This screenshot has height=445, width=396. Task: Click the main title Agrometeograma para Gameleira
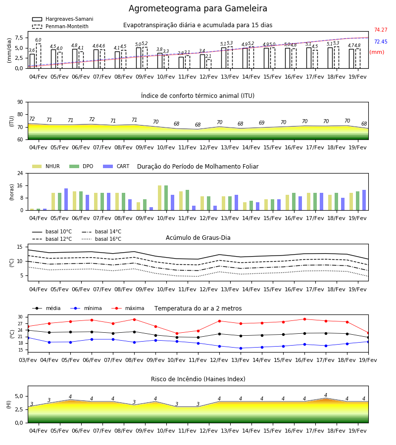pos(198,8)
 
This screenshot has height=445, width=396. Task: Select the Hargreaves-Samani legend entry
pos(63,19)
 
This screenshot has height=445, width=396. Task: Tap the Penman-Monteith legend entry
pos(60,26)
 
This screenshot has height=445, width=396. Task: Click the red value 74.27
pos(381,30)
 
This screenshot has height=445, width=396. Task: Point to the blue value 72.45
pos(381,42)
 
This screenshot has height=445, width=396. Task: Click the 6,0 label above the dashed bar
pos(38,40)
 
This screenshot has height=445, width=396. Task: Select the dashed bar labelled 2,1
pos(209,64)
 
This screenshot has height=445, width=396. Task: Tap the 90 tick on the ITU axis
pos(20,102)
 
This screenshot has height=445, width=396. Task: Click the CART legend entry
pos(116,166)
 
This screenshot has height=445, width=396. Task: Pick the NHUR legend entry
pos(46,166)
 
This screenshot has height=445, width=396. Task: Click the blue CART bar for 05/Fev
pos(66,199)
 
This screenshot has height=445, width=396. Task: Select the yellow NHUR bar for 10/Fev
pos(160,198)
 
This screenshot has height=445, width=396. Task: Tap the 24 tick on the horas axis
pos(20,173)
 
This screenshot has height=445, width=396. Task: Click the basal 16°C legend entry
pos(101,239)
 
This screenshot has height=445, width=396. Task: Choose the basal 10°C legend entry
pos(52,231)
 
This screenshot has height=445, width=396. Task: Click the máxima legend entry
pos(128,308)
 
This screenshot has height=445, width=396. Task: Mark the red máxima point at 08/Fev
pos(134,319)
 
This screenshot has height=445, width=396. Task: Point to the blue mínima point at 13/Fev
pos(241,348)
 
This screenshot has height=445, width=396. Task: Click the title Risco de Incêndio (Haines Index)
pos(198,379)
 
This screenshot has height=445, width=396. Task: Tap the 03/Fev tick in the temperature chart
pos(28,360)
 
